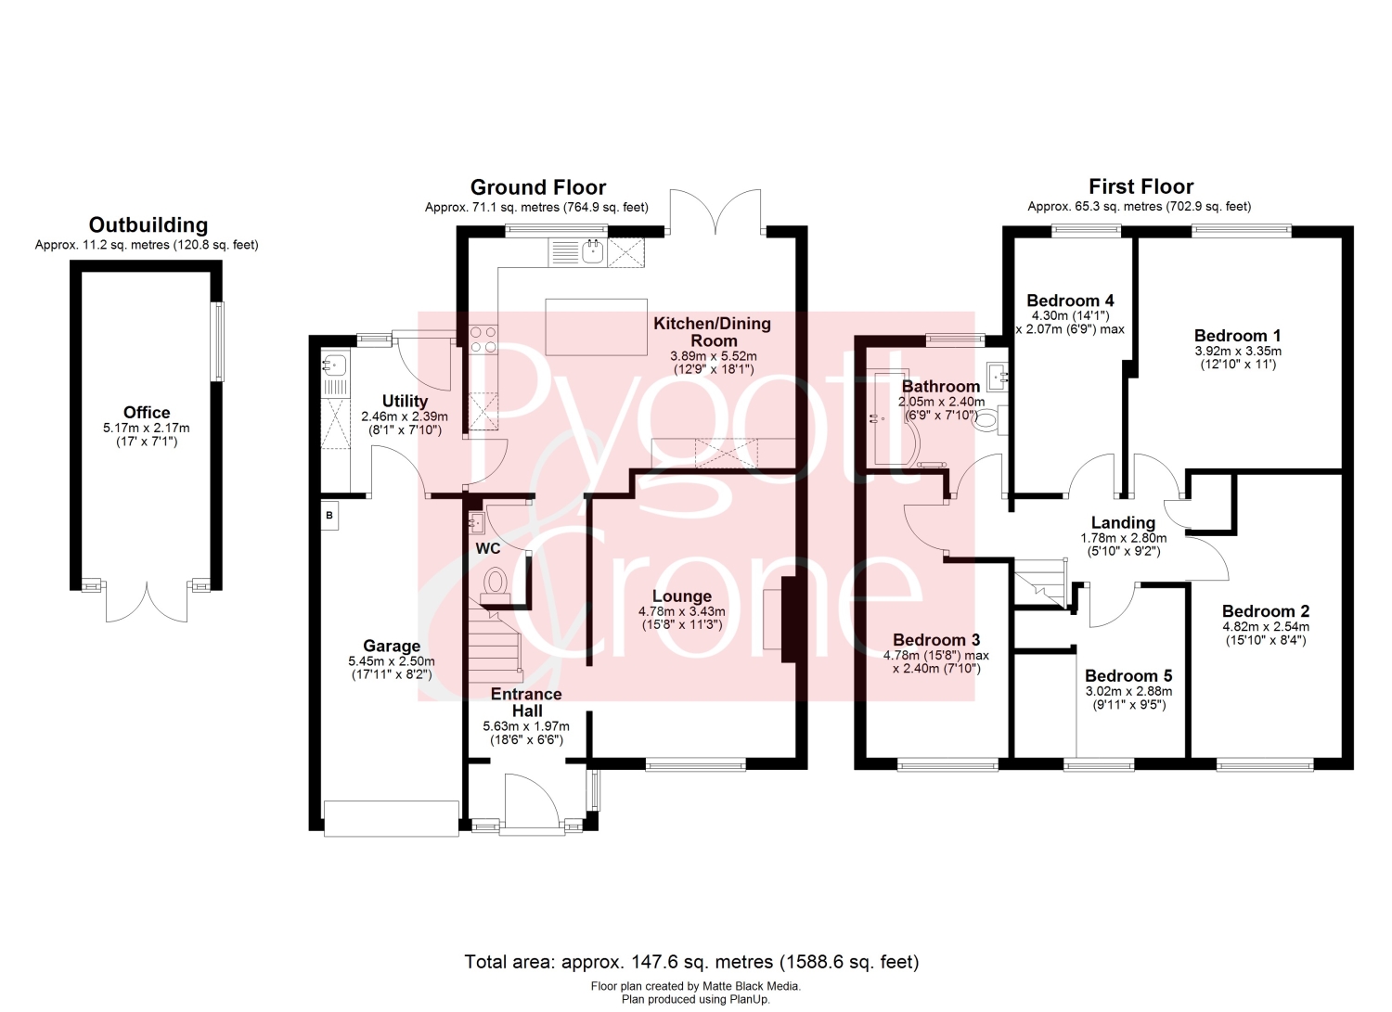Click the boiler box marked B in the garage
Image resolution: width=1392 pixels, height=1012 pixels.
329,515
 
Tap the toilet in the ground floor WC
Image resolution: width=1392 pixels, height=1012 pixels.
495,586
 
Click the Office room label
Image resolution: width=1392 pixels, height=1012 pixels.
147,413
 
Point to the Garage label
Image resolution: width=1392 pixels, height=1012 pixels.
392,647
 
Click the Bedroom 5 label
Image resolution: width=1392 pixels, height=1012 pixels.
1128,676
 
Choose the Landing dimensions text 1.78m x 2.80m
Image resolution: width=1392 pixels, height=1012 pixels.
1124,538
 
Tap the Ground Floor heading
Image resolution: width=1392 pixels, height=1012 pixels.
538,187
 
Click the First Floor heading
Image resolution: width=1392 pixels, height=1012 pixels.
1141,186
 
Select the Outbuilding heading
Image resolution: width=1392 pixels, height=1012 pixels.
148,224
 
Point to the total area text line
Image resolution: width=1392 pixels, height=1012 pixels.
691,962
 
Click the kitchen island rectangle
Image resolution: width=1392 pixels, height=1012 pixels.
596,327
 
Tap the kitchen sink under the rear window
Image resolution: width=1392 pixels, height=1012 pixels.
595,252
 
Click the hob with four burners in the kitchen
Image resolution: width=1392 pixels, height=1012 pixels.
483,339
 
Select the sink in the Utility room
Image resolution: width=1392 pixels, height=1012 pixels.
336,364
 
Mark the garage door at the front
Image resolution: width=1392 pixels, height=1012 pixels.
392,819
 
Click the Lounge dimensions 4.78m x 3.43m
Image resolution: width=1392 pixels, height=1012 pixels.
682,611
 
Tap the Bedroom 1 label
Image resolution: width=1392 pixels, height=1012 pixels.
1237,336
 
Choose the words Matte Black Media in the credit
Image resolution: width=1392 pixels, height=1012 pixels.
752,986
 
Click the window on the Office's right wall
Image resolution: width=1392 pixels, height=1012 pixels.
219,341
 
